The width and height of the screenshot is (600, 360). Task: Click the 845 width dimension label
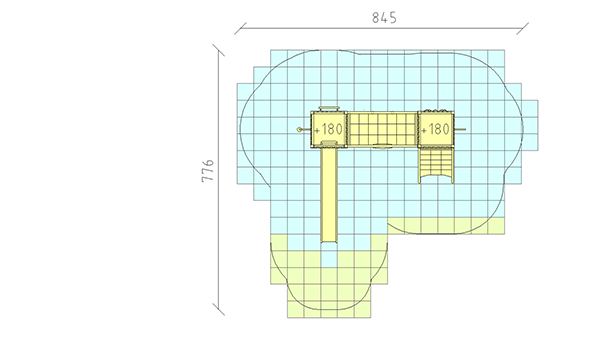(x=384, y=18)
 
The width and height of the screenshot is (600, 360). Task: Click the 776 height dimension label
(x=208, y=170)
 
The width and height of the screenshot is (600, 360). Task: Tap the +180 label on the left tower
(x=328, y=129)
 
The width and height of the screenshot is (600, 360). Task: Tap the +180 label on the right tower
(x=435, y=129)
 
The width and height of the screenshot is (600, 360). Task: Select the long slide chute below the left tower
(x=329, y=194)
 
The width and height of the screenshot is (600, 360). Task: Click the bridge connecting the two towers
(x=382, y=129)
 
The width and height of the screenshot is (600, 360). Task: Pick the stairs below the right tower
(x=436, y=165)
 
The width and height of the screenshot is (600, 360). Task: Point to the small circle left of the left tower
(x=299, y=130)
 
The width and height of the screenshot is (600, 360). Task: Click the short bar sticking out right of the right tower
(x=460, y=130)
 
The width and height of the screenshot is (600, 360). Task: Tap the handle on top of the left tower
(x=329, y=109)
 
